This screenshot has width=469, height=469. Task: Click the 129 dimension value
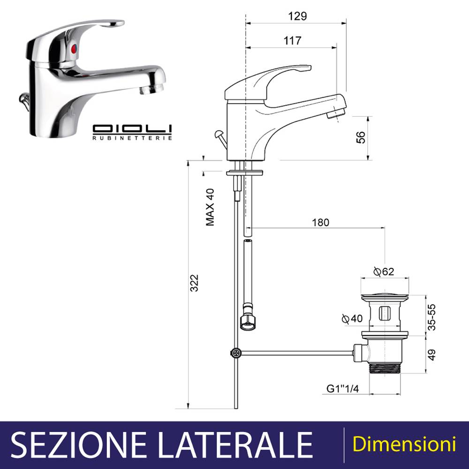pos(297,16)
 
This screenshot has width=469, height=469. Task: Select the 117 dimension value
pos(292,40)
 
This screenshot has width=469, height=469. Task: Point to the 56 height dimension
pos(361,137)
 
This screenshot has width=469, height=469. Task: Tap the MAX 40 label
pos(210,207)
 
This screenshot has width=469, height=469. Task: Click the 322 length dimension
pos(194,283)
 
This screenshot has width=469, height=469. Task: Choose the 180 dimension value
pos(320,222)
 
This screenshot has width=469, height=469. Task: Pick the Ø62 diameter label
pos(384,271)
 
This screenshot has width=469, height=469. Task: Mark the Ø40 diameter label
pos(352,318)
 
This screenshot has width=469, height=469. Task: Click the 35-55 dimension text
pos(431,317)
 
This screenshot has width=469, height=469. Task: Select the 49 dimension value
pos(431,355)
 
